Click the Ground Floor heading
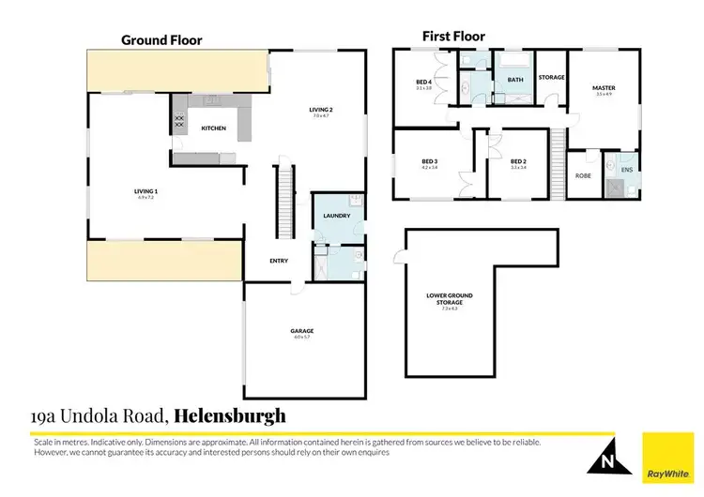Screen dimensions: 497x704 (x=161, y=40)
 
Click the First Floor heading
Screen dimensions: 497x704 (x=452, y=37)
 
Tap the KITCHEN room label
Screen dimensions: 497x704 (x=213, y=128)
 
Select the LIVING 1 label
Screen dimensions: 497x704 (x=145, y=191)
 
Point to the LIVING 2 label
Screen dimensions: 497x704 (x=322, y=110)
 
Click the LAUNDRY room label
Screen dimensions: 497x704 (x=336, y=216)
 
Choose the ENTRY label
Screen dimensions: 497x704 (x=278, y=261)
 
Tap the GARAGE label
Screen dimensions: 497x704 (x=301, y=331)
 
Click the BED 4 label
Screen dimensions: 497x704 (x=422, y=83)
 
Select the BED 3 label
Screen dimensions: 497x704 (x=430, y=161)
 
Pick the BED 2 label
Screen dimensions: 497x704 (x=517, y=161)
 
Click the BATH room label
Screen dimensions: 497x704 (x=515, y=81)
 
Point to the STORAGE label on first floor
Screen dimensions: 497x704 (x=551, y=77)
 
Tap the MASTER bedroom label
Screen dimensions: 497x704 (x=603, y=88)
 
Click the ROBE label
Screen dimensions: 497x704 (x=581, y=174)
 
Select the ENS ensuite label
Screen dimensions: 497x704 (x=626, y=171)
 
